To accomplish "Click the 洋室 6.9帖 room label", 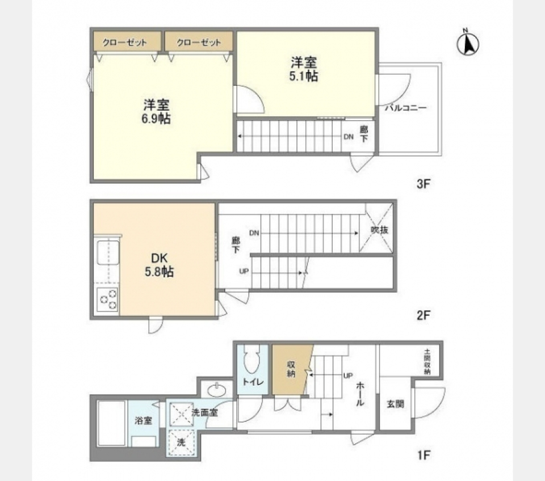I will pyautogui.click(x=157, y=111).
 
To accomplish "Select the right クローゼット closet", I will pyautogui.click(x=199, y=43).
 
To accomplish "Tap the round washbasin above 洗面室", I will pyautogui.click(x=216, y=390).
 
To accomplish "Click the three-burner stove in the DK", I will pyautogui.click(x=107, y=299).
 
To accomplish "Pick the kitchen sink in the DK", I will pyautogui.click(x=107, y=252).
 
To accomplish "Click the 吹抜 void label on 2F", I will pyautogui.click(x=379, y=231).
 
